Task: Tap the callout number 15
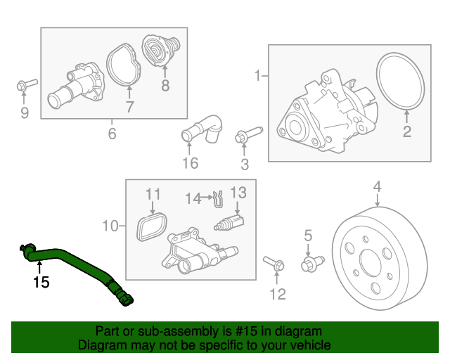pyautogui.click(x=41, y=283)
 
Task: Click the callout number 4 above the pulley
pyautogui.click(x=377, y=186)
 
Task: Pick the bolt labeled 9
pyautogui.click(x=27, y=84)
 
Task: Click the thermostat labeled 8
pyautogui.click(x=161, y=51)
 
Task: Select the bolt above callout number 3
pyautogui.click(x=248, y=134)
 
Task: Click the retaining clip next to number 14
pyautogui.click(x=219, y=199)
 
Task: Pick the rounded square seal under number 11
pyautogui.click(x=152, y=227)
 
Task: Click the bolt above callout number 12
pyautogui.click(x=274, y=263)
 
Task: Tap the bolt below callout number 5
pyautogui.click(x=312, y=264)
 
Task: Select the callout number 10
pyautogui.click(x=110, y=226)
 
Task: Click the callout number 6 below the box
pyautogui.click(x=112, y=134)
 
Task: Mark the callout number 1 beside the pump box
pyautogui.click(x=258, y=76)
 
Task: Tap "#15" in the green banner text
pyautogui.click(x=246, y=331)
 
